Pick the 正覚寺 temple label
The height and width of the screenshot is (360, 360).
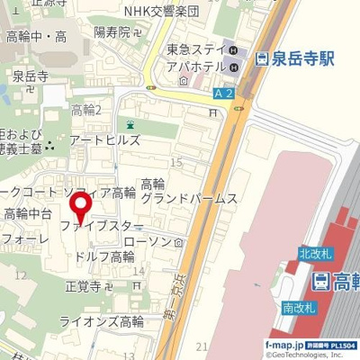(86, 287)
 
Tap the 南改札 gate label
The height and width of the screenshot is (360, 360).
(298, 307)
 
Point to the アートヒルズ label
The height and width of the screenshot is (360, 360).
(104, 139)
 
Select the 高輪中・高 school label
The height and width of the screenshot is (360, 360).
(37, 36)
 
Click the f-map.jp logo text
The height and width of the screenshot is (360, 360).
(283, 345)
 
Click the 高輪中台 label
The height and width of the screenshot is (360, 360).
(26, 213)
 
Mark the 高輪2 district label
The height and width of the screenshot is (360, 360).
(87, 109)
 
